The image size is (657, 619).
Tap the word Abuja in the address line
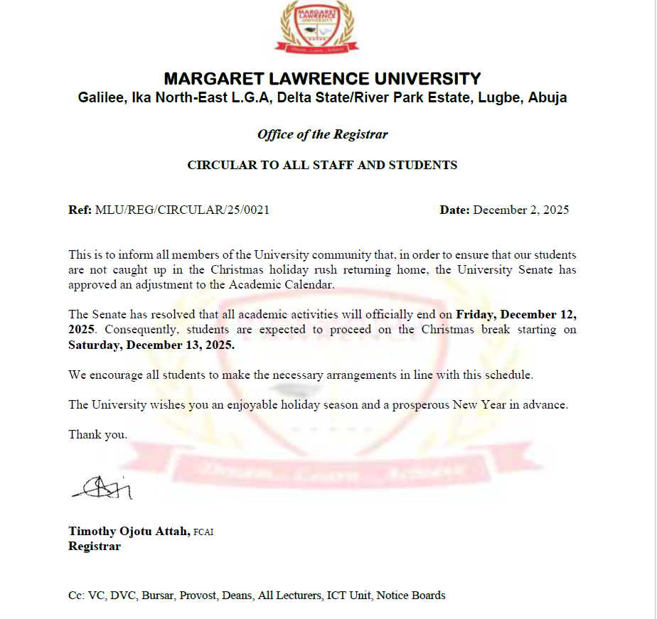(x=547, y=98)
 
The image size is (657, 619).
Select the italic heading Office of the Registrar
(x=322, y=134)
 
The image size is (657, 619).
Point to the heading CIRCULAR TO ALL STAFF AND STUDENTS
(x=322, y=165)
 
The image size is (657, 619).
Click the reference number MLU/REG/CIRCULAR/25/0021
(x=182, y=210)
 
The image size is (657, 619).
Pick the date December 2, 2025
(x=521, y=210)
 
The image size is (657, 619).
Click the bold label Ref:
(x=80, y=210)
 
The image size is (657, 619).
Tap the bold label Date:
(x=454, y=210)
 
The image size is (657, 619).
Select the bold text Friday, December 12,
(x=516, y=314)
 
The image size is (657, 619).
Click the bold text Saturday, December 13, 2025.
(x=151, y=345)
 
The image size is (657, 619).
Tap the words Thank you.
(x=97, y=434)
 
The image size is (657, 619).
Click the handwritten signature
(x=102, y=487)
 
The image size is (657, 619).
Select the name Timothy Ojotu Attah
(x=129, y=531)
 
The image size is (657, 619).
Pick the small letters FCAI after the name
(x=203, y=532)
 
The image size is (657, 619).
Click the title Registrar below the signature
(x=95, y=547)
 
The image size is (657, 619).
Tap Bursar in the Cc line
(x=158, y=596)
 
